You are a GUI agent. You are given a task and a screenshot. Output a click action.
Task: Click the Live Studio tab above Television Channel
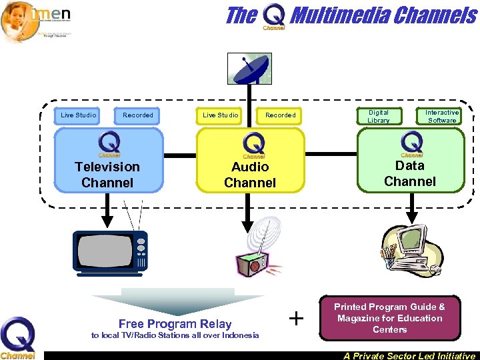click(x=79, y=115)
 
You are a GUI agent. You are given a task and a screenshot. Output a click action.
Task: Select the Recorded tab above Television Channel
click(x=138, y=115)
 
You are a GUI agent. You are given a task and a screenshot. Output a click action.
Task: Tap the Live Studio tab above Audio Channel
click(x=221, y=115)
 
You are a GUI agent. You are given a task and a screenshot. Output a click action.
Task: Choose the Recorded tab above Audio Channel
click(x=281, y=115)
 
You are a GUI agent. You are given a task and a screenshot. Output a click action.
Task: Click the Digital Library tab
click(x=379, y=116)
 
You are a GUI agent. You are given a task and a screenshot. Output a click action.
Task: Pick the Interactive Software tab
click(x=442, y=116)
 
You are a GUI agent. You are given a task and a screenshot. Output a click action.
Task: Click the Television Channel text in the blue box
click(x=107, y=175)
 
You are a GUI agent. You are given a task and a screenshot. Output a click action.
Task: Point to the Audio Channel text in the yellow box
click(x=250, y=175)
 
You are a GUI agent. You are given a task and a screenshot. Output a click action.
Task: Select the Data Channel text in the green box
click(x=410, y=173)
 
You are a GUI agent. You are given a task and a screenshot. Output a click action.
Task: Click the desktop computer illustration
click(x=410, y=249)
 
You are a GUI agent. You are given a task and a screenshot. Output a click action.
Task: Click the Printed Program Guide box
click(x=389, y=318)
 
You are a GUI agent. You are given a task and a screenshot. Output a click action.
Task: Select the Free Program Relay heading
click(x=175, y=324)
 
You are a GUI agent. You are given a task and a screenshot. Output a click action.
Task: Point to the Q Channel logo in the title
click(x=273, y=16)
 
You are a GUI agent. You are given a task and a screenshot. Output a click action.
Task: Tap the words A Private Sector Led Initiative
click(x=409, y=356)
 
